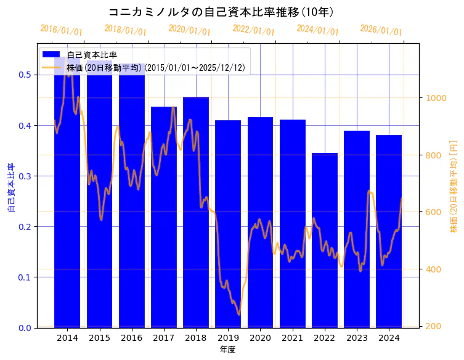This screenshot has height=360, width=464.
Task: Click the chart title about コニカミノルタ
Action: click(x=221, y=12)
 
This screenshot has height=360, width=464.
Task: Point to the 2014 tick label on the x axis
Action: click(x=67, y=338)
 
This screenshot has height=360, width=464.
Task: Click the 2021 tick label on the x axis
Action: click(x=293, y=338)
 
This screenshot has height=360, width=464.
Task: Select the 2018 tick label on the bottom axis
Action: click(x=196, y=338)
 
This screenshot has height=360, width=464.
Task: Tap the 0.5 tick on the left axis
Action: click(x=25, y=75)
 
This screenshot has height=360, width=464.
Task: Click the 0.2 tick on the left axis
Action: click(x=25, y=227)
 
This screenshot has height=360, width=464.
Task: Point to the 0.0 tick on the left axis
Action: click(x=25, y=328)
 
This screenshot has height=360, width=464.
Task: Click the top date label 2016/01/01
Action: click(x=61, y=30)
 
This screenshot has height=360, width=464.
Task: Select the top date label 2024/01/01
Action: click(x=317, y=30)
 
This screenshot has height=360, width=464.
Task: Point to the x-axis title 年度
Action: click(x=228, y=350)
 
